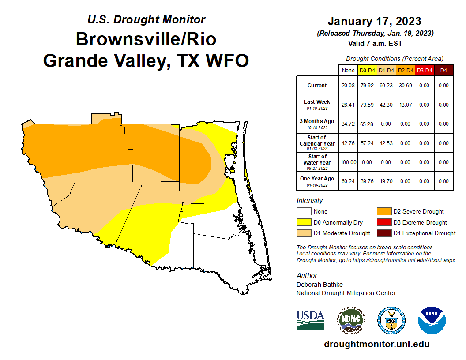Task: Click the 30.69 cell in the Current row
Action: pos(405,86)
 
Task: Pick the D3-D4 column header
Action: pos(424,70)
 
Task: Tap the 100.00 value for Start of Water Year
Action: pos(348,162)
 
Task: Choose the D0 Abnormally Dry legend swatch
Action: pos(304,222)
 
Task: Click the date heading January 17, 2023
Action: pos(374,21)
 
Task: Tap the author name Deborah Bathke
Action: pos(319,285)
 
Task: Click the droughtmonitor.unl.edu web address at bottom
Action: pos(376,344)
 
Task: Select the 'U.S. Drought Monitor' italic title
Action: pos(146,19)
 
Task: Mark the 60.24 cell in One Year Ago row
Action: pos(348,181)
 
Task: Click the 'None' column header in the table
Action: pos(348,70)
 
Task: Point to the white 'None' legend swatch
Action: pos(304,211)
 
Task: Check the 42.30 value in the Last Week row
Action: pos(386,105)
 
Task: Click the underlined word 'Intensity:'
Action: pos(310,200)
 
